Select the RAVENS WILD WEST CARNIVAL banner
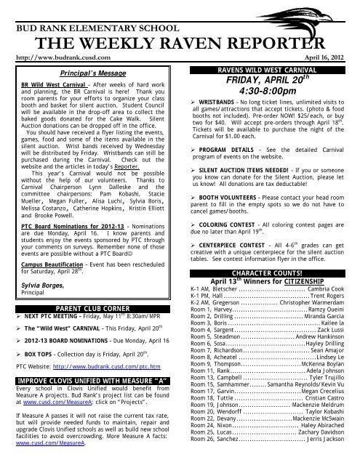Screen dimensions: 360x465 click(265, 72)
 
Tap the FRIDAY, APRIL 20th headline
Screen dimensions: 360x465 click(265, 84)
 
